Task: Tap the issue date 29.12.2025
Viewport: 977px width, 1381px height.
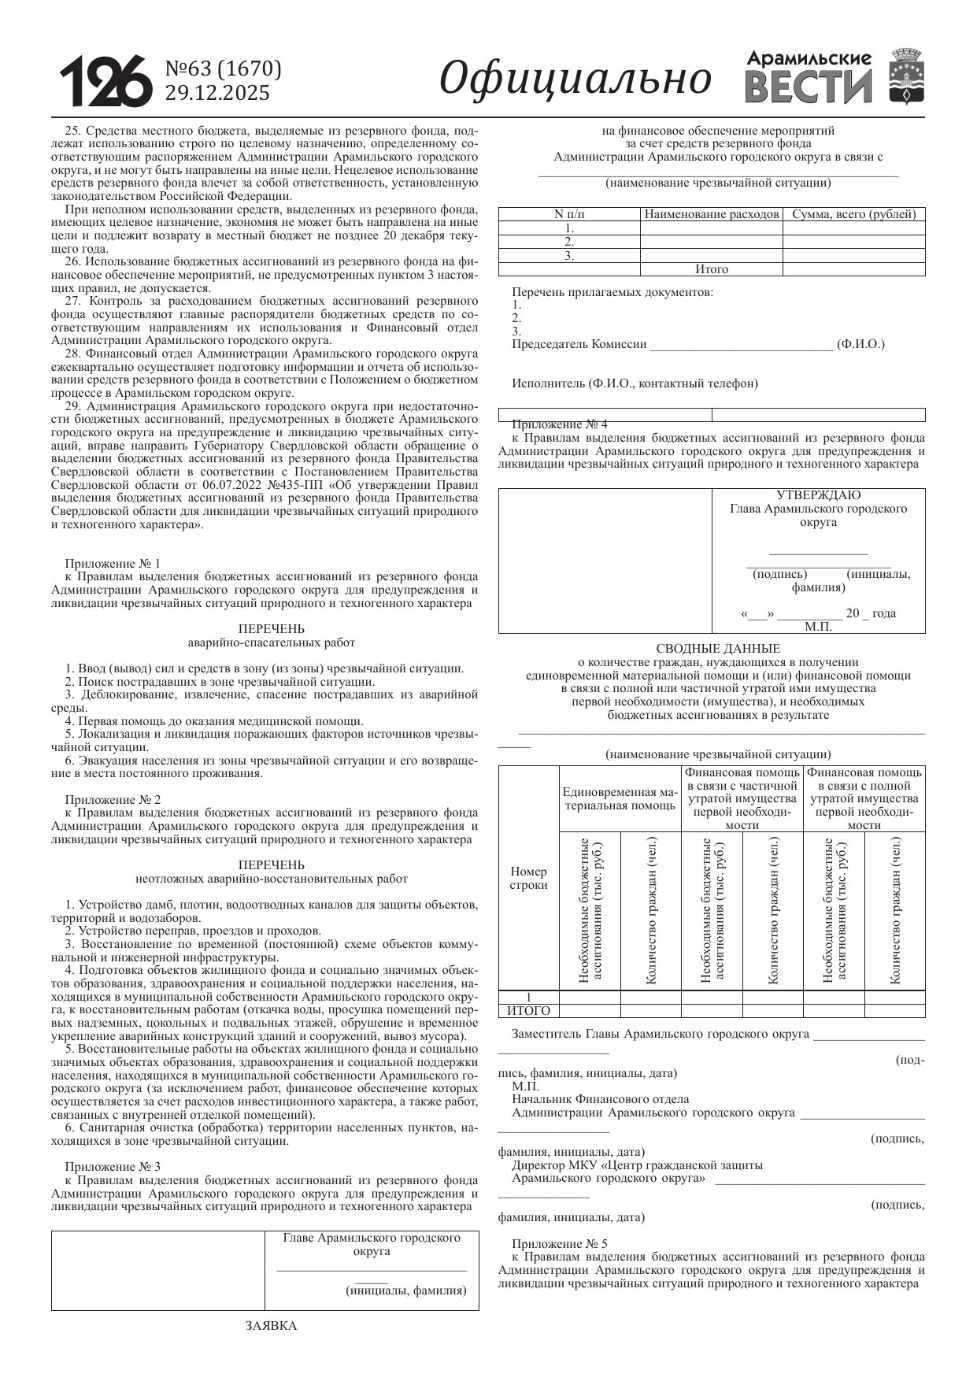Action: [x=216, y=94]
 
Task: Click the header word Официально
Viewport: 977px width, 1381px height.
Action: [x=575, y=80]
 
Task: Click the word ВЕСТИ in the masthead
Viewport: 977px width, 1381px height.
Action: [x=808, y=87]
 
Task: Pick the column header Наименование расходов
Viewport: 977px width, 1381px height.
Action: [x=712, y=214]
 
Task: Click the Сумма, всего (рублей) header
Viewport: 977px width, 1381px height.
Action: [x=854, y=214]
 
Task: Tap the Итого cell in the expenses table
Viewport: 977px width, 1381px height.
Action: [x=712, y=269]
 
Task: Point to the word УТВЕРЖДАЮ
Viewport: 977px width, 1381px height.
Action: [x=818, y=495]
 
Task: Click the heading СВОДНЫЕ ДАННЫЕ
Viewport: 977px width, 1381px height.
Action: [x=718, y=649]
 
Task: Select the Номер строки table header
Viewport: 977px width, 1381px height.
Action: [x=528, y=878]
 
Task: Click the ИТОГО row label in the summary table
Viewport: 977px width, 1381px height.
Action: [x=528, y=1011]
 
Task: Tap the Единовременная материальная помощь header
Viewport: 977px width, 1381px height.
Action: [x=620, y=798]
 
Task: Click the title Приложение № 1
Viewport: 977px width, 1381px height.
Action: [x=113, y=564]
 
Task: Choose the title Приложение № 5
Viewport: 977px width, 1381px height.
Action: [x=560, y=1244]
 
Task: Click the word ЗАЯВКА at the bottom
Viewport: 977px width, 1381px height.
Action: [x=271, y=1326]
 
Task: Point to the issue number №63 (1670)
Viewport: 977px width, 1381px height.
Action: [x=223, y=69]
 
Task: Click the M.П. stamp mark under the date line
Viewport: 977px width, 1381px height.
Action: [x=818, y=628]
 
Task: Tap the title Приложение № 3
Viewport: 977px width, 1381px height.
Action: [x=113, y=1167]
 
